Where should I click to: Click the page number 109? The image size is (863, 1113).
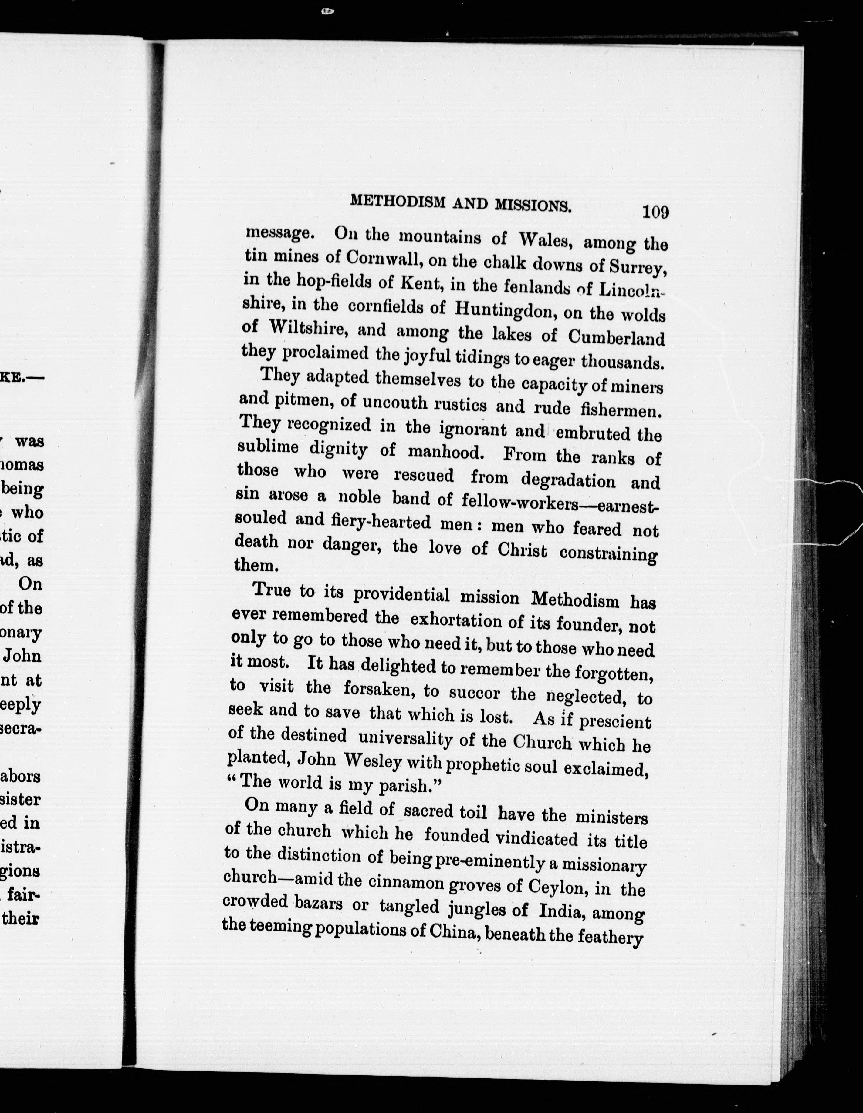(655, 212)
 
